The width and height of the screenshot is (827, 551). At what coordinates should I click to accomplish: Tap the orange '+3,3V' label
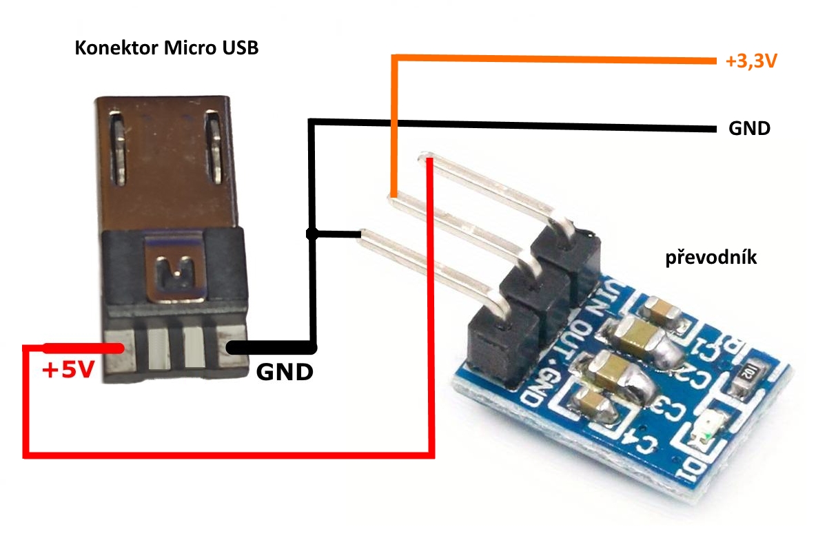coord(751,62)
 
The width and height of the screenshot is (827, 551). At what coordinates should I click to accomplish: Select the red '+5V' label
coord(68,371)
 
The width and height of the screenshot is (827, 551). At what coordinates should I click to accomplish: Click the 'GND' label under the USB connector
coord(285,373)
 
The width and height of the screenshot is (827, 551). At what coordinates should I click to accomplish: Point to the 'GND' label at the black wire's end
coord(749,129)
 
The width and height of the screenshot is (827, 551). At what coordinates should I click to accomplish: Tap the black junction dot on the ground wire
coord(312,234)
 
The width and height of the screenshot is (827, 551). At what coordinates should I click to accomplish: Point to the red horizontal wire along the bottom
coord(227,454)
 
